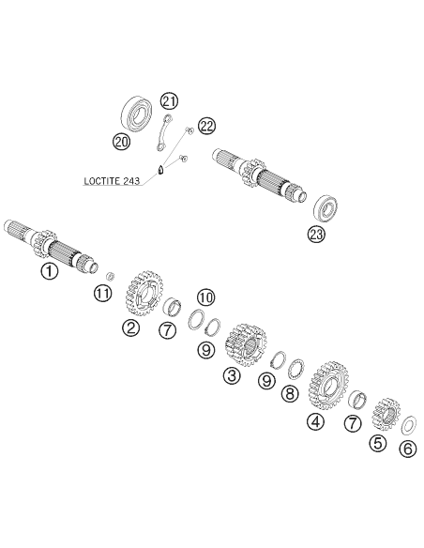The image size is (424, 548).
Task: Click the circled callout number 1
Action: pyautogui.click(x=49, y=271)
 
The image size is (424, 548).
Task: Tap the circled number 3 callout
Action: pyautogui.click(x=233, y=375)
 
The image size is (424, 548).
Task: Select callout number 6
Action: pyautogui.click(x=408, y=449)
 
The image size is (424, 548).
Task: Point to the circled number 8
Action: pyautogui.click(x=290, y=393)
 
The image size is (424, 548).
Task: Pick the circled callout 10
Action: pyautogui.click(x=205, y=297)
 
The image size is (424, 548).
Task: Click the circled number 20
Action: pyautogui.click(x=121, y=142)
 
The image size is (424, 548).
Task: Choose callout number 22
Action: pyautogui.click(x=206, y=126)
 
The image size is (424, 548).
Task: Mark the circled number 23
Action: pyautogui.click(x=316, y=234)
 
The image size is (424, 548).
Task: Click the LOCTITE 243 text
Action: pyautogui.click(x=112, y=181)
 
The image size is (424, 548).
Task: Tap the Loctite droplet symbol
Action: pyautogui.click(x=160, y=171)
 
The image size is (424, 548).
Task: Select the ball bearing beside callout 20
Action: pyautogui.click(x=137, y=114)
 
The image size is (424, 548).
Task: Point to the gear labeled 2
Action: pyautogui.click(x=144, y=293)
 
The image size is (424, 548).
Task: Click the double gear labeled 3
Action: pyautogui.click(x=246, y=344)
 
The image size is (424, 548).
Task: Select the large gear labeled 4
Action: pyautogui.click(x=328, y=386)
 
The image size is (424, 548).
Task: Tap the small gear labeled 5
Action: pyautogui.click(x=385, y=414)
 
